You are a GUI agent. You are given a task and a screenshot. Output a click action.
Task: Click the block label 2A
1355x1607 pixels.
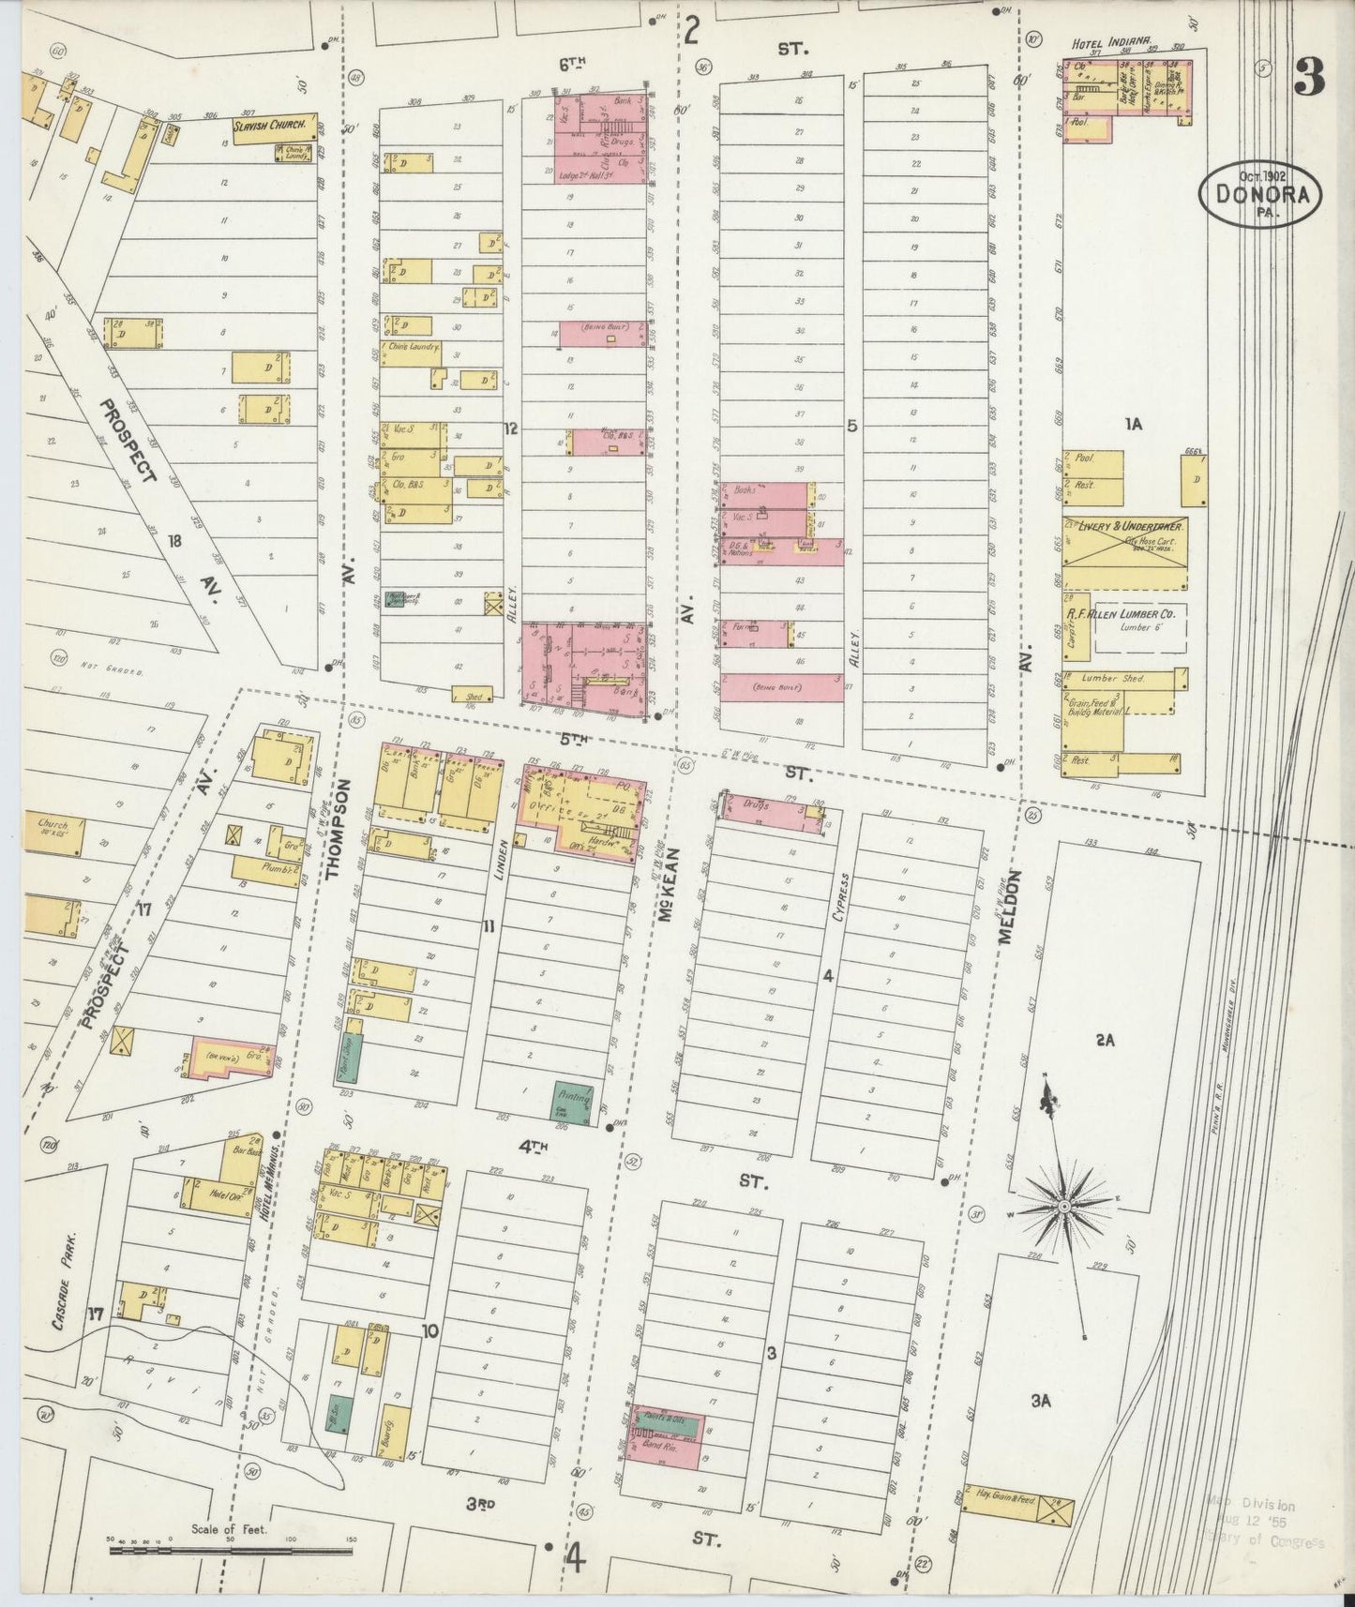(1103, 1039)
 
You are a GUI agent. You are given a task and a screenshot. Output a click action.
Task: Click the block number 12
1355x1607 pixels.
(510, 428)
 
